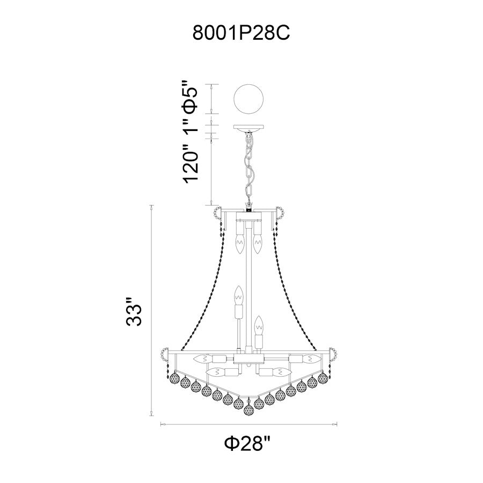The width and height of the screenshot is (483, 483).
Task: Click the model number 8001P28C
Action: (x=241, y=33)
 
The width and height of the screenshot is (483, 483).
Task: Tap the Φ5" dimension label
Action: (x=189, y=97)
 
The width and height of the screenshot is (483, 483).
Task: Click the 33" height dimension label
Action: (x=134, y=311)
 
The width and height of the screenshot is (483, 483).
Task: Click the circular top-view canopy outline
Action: (x=249, y=99)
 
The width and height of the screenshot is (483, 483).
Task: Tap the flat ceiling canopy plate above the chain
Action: (x=249, y=127)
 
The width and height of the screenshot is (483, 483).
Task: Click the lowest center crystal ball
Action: (x=248, y=409)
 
